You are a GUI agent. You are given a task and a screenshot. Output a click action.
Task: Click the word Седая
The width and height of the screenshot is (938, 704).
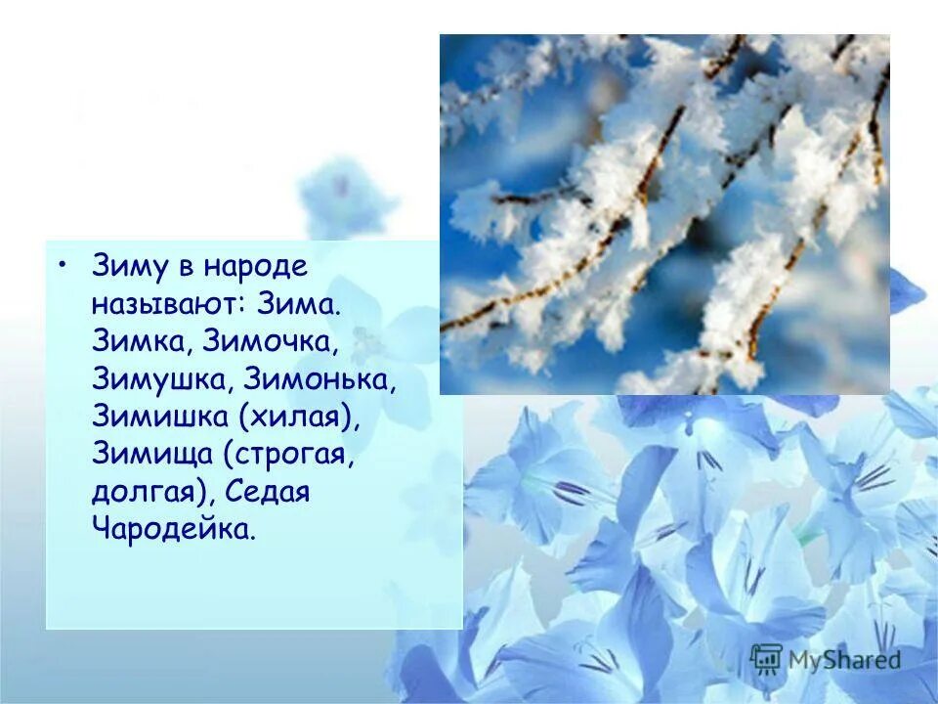[x=268, y=491]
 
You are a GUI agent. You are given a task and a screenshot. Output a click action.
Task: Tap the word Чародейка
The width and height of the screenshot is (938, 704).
[x=176, y=529]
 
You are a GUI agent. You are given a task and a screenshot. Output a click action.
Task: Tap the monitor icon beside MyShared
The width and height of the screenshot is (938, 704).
[x=767, y=659]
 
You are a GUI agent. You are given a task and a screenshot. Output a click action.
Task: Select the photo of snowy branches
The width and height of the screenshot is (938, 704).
[x=664, y=214]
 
